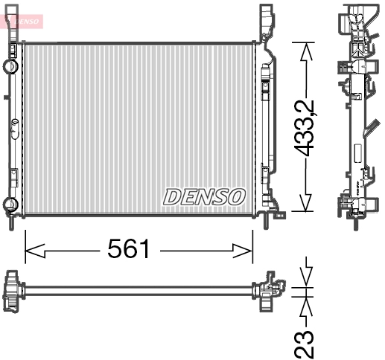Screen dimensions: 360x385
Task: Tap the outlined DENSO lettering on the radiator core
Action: pyautogui.click(x=204, y=196)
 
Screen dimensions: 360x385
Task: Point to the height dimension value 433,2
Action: pyautogui.click(x=306, y=128)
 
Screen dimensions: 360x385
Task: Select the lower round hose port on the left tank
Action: pyautogui.click(x=10, y=205)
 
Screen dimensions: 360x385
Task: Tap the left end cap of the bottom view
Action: pyautogui.click(x=12, y=290)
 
